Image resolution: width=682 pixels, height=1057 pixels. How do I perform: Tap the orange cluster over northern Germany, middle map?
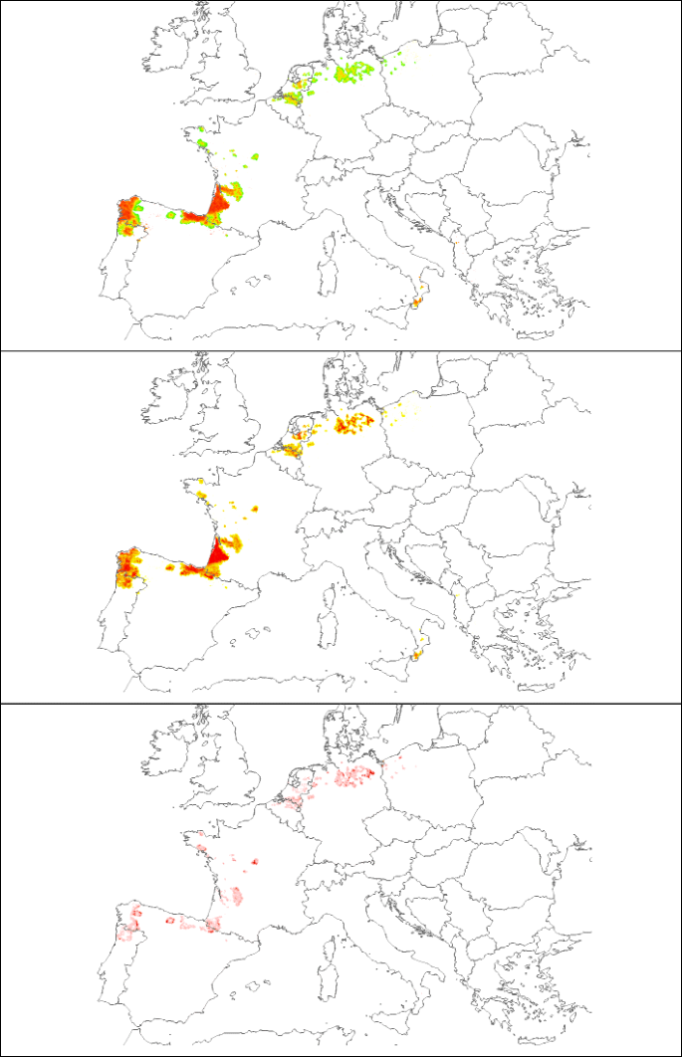[x=353, y=424]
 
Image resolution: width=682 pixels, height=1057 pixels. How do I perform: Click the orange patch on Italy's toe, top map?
[x=417, y=299]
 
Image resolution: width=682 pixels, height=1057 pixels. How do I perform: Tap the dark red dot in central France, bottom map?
[x=254, y=862]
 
